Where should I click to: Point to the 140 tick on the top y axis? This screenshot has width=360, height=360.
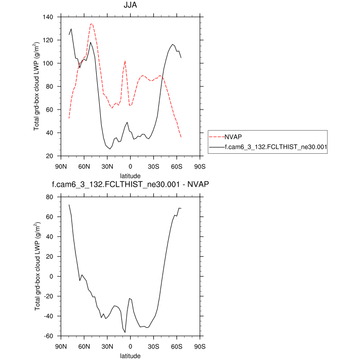coord(49,17)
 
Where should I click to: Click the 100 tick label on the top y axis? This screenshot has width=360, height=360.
coord(49,63)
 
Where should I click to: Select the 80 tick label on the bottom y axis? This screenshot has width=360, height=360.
coord(50,197)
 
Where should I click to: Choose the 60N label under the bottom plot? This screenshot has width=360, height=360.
coord(84,346)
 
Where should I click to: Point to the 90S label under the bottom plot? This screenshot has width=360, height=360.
coord(200,346)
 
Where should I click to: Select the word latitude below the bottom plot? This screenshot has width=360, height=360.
coord(130,355)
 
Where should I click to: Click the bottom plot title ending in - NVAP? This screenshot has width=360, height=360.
coord(130,184)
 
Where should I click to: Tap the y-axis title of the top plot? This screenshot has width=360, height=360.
coord(37,86)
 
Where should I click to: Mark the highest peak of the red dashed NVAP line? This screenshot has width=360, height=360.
coord(91,24)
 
